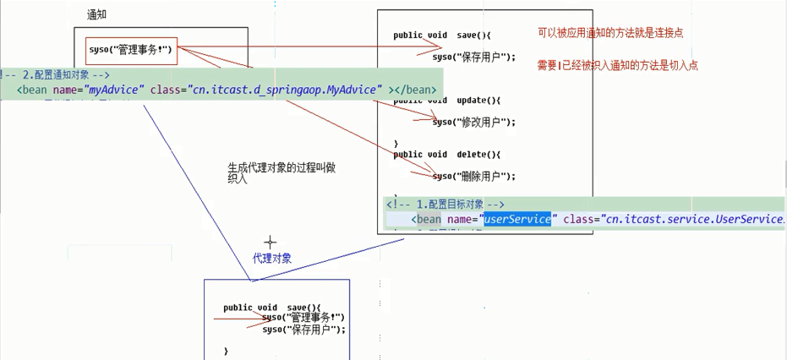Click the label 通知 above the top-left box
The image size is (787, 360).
[x=97, y=15]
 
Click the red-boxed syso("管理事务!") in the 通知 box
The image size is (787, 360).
[x=131, y=50]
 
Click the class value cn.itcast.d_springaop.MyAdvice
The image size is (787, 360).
[x=284, y=90]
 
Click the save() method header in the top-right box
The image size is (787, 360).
[x=441, y=35]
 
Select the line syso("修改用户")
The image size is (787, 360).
[x=473, y=122]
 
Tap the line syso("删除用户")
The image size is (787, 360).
[x=473, y=177]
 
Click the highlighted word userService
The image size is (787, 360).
[x=516, y=220]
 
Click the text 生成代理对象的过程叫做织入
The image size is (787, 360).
[x=281, y=172]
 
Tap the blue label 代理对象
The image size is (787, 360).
[x=272, y=259]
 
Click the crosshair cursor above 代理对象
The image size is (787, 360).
[x=271, y=243]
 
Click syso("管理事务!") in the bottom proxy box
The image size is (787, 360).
[x=303, y=318]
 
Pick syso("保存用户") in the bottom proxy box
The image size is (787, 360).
[x=303, y=330]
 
